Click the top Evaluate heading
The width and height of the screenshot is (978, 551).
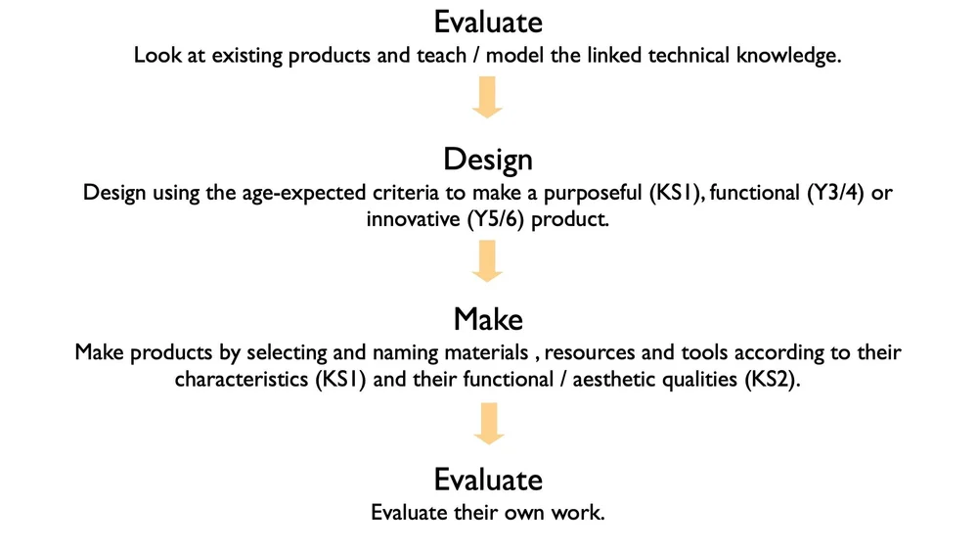[x=487, y=21]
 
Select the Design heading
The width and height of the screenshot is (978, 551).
[x=487, y=159]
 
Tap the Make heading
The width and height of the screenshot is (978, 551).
[x=487, y=319]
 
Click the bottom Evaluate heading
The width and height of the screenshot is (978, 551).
[x=487, y=480]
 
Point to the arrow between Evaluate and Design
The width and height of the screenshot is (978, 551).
[x=487, y=98]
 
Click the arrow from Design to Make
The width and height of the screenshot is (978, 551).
[x=487, y=259]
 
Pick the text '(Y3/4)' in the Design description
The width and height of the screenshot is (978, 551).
[x=837, y=193]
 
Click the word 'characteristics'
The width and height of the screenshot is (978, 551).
[x=240, y=380]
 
